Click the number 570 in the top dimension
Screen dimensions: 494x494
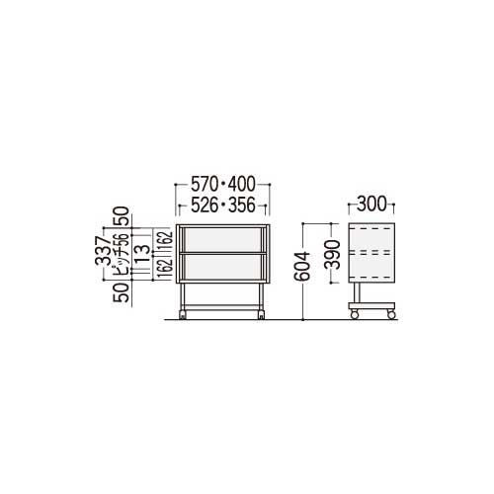pyautogui.click(x=205, y=184)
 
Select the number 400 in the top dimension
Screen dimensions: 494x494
pyautogui.click(x=242, y=184)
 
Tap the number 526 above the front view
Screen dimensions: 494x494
pyautogui.click(x=205, y=206)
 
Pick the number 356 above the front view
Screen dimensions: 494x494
pyautogui.click(x=242, y=206)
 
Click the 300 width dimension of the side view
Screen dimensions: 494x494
pyautogui.click(x=371, y=204)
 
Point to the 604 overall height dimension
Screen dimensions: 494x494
pyautogui.click(x=302, y=266)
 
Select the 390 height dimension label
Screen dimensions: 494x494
pyautogui.click(x=332, y=255)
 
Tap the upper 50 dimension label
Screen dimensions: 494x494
pyautogui.click(x=122, y=215)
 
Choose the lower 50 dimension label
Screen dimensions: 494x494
pyautogui.click(x=122, y=292)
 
